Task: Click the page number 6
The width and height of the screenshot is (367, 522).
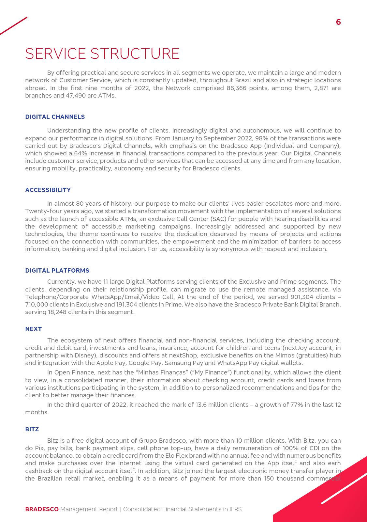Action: click(338, 22)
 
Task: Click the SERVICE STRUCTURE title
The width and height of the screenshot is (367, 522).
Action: click(102, 54)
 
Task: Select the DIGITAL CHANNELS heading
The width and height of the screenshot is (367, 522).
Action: click(55, 117)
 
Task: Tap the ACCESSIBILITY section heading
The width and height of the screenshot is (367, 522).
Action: click(48, 190)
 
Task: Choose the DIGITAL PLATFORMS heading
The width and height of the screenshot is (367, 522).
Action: click(57, 270)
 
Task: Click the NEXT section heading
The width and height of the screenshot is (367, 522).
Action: click(34, 329)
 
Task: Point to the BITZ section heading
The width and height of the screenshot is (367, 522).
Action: click(32, 429)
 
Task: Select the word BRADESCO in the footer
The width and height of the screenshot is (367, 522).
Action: click(42, 509)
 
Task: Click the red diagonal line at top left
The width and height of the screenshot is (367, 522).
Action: click(14, 25)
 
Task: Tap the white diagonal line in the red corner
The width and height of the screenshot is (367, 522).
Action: click(344, 488)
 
